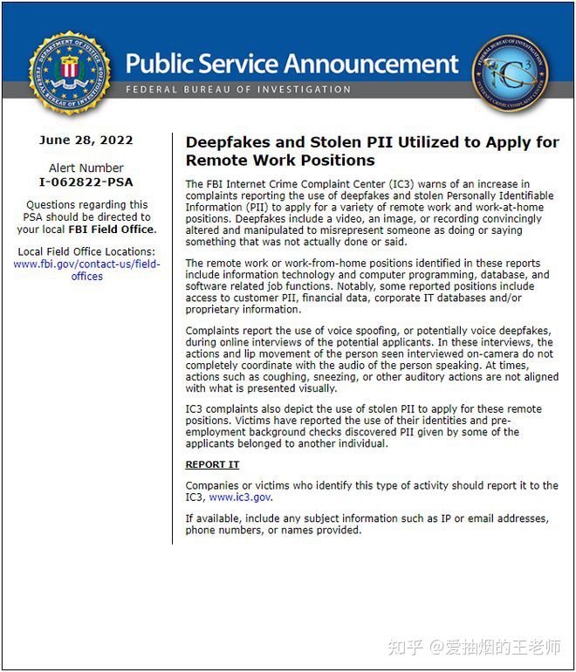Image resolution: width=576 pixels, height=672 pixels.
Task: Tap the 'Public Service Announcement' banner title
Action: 291,64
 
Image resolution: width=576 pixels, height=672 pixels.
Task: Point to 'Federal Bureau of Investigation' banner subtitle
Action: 237,90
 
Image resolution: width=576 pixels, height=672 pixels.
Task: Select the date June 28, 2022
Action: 86,140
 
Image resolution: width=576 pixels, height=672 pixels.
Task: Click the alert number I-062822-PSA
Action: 86,182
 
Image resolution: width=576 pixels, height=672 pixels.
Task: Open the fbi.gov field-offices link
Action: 86,270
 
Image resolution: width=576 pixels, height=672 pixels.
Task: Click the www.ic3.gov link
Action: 240,497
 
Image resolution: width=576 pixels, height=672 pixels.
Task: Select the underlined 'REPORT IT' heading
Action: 212,464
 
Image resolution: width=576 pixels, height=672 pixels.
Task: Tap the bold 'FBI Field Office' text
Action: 112,230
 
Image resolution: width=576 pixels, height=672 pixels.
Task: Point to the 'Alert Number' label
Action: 86,168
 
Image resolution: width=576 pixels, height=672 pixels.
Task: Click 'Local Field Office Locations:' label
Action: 86,251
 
